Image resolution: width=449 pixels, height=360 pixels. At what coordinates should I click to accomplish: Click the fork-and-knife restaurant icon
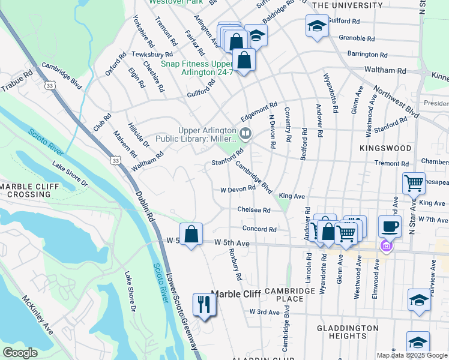[204, 305]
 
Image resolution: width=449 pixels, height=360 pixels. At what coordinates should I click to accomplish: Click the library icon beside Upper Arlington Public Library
[245, 133]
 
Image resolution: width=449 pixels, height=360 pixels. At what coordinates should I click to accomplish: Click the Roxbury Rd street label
[234, 265]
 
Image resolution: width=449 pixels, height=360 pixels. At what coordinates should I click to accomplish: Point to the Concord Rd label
[259, 229]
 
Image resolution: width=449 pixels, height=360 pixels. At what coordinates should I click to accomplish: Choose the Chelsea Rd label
[254, 210]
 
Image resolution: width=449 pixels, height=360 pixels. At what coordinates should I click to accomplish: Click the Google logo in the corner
[20, 353]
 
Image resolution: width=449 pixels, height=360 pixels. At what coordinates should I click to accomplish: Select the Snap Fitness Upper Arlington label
[196, 68]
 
